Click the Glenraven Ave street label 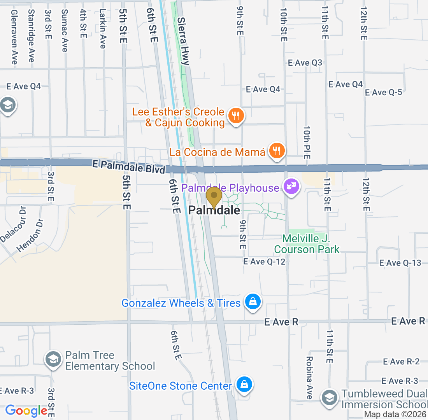[14, 37]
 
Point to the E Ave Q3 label [305, 63]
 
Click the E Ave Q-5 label [383, 93]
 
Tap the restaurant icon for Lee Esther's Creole [235, 115]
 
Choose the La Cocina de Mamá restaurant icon [277, 150]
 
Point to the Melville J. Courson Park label [307, 244]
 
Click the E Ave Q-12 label [264, 262]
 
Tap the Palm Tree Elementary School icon [52, 360]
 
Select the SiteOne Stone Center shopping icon [244, 385]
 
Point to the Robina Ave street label [309, 378]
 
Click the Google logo [26, 410]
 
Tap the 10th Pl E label [307, 142]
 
